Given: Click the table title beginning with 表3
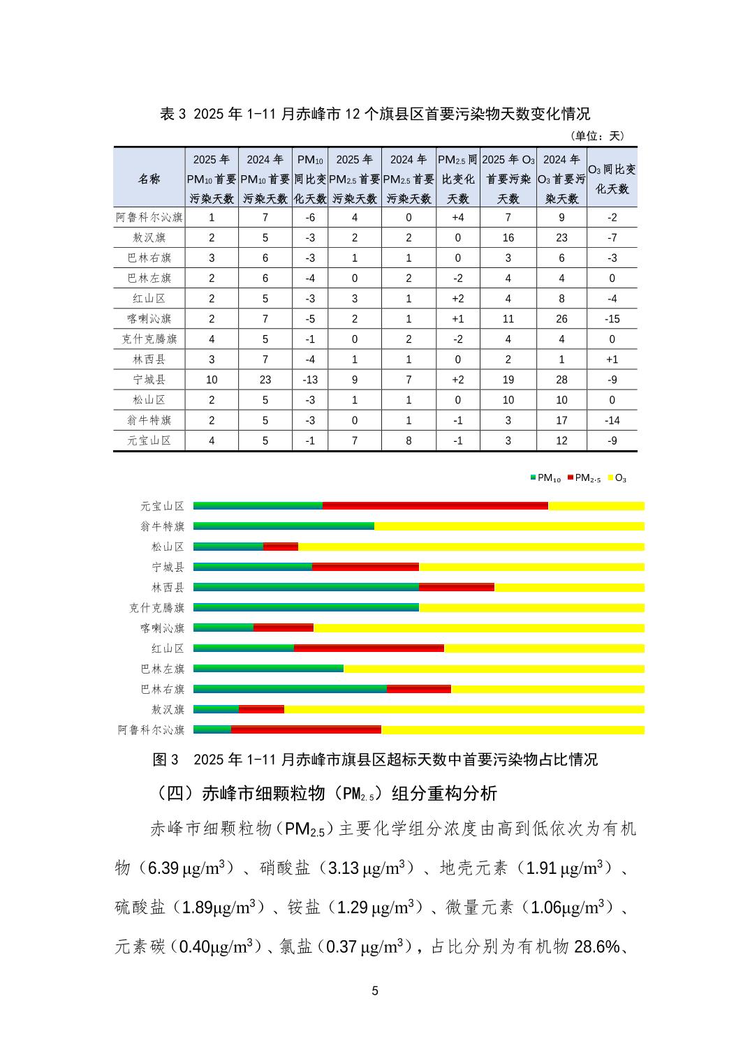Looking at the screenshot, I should click(375, 114).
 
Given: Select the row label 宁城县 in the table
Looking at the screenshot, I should click(149, 380).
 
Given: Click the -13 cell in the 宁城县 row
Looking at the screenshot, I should click(310, 380).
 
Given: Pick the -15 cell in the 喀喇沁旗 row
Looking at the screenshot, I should click(612, 319).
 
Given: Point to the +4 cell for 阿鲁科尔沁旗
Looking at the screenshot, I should click(458, 217).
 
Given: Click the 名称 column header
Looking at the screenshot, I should click(149, 179).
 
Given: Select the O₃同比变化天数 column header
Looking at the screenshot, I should click(612, 179).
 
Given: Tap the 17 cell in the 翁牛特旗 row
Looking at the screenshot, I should click(561, 420).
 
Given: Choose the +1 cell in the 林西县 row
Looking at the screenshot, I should click(612, 359).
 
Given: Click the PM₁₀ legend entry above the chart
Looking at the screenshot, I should click(545, 478).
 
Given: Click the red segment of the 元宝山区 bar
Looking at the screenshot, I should click(435, 505).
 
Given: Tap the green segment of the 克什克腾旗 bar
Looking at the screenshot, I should click(306, 607).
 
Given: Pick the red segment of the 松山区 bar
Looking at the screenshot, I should click(281, 547).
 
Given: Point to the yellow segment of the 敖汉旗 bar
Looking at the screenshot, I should click(464, 709).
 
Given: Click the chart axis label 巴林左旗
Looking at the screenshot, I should click(163, 669).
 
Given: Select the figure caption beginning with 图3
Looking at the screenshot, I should click(375, 759).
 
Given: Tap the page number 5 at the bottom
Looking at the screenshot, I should click(375, 991).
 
